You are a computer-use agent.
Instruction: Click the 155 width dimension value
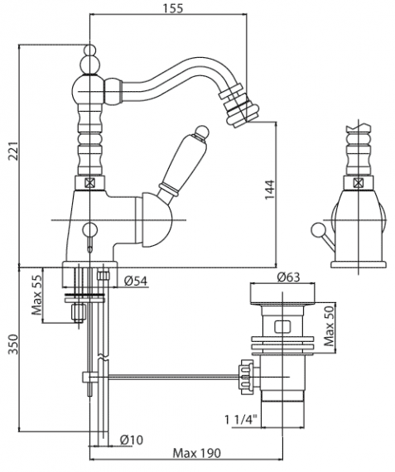(173, 8)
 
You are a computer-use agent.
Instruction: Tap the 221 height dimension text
(14, 150)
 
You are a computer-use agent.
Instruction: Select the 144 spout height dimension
(270, 190)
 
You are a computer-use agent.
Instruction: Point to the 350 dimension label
(14, 344)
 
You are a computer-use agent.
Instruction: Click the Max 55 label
(37, 295)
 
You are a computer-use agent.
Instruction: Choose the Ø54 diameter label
(136, 281)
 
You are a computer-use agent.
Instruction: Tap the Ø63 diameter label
(288, 277)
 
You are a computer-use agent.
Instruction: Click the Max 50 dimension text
(329, 325)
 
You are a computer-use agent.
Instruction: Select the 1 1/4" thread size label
(241, 419)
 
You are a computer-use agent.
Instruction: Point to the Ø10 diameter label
(132, 440)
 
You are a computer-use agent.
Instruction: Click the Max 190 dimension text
(196, 453)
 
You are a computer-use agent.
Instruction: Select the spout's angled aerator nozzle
(239, 104)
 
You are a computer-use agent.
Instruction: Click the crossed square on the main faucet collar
(89, 183)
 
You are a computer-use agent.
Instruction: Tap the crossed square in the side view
(358, 182)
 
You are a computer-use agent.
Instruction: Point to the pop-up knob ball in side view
(316, 230)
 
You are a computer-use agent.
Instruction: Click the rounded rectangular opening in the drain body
(282, 326)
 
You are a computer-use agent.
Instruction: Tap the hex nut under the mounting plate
(78, 312)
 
